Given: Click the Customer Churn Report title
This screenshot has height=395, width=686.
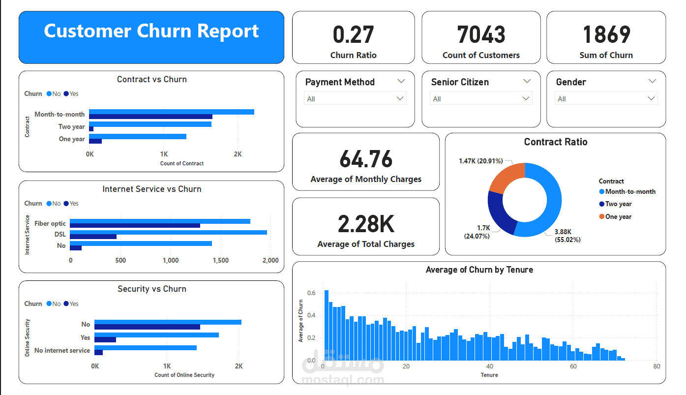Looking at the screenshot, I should pos(151,31).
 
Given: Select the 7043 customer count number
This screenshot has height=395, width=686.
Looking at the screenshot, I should pos(481,35).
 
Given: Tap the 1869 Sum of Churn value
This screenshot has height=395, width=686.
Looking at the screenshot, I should pos(606,35).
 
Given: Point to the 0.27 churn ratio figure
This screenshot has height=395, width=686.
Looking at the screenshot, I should pos(353,35).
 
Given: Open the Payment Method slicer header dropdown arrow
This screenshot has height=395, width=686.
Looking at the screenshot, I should pos(401,81).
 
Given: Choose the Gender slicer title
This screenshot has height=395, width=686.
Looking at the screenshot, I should pos(571,82).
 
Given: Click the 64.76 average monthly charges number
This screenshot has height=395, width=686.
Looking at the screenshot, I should pos(366,159).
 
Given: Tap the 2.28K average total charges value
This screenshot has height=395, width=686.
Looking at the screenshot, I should pos(366,224).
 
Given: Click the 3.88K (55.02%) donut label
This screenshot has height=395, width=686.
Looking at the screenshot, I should pos(567,236).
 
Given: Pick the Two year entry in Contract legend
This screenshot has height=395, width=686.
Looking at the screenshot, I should pos(618,204).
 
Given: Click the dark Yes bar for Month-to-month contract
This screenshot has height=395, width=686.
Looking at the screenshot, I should pos(150,117).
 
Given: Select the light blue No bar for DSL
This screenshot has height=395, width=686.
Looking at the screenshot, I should pos(168,232).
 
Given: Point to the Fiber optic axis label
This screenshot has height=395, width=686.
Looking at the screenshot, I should pos(50,223).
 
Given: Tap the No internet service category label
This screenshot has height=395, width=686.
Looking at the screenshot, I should pos(62,350).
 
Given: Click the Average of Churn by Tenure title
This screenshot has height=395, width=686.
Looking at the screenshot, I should pos(479,270).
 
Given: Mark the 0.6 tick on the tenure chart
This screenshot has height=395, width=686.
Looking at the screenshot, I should pos(311,293).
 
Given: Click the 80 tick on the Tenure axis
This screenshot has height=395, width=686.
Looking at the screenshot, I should pos(656,366).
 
